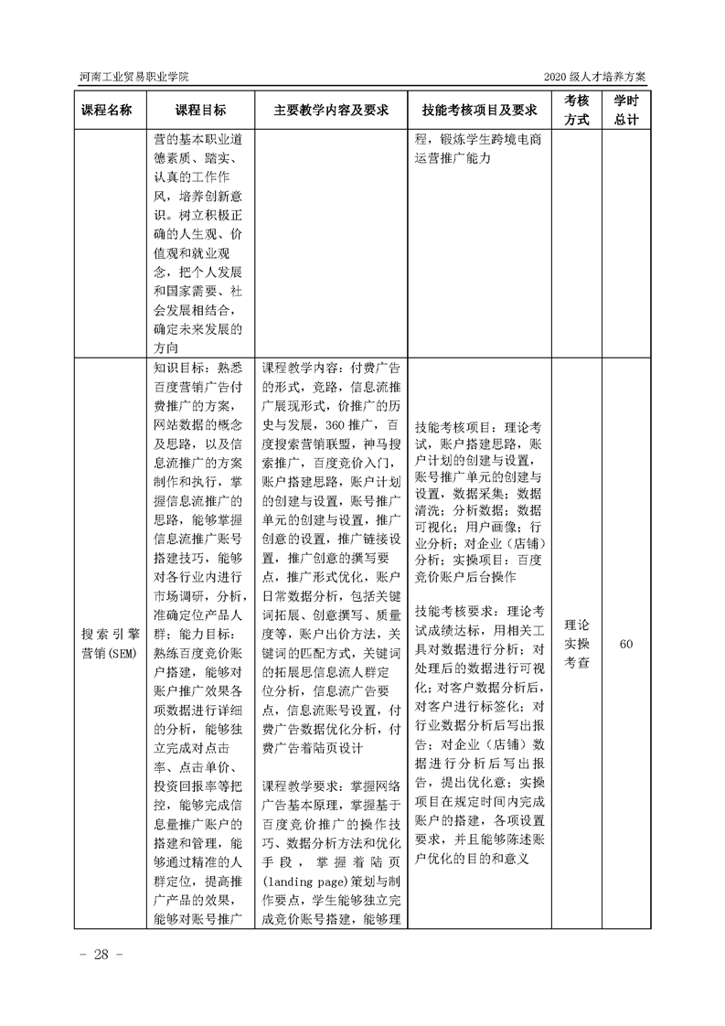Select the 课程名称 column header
tap(107, 111)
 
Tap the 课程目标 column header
tap(200, 111)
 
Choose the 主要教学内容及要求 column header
tap(330, 111)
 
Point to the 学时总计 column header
tap(626, 111)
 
